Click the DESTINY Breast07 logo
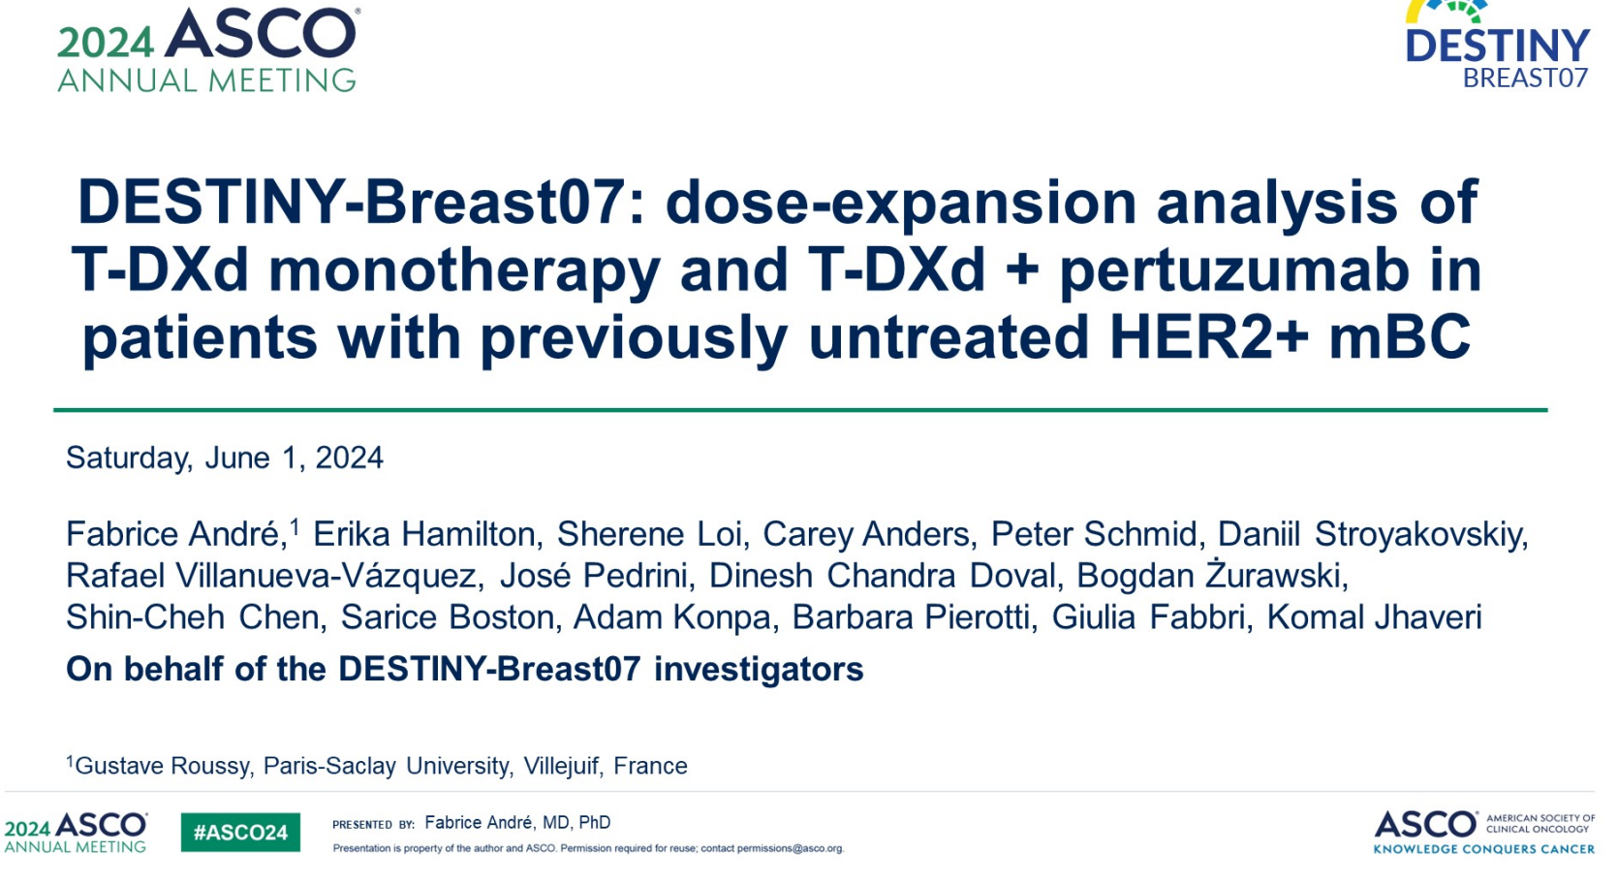coord(1498,45)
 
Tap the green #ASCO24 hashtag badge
coord(240,832)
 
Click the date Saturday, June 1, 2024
coord(225,458)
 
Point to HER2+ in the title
coord(1208,336)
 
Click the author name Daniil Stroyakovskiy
coord(1372,534)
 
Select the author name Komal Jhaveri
coord(1374,617)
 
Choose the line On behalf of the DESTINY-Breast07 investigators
coord(465,669)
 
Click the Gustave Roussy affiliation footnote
coord(377,766)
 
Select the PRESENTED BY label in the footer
coord(373,824)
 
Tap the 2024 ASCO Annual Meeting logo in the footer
coord(76,832)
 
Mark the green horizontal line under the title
coord(800,410)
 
